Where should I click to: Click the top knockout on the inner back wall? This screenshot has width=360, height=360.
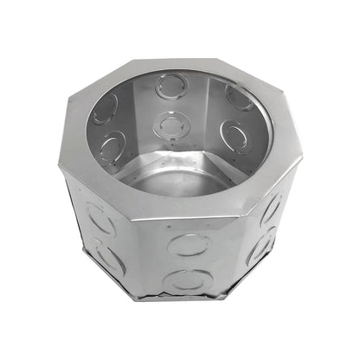[171, 87]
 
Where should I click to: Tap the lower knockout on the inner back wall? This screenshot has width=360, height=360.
[170, 126]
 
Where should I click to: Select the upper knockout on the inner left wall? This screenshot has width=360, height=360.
[106, 108]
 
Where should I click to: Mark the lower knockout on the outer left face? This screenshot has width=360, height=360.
[109, 258]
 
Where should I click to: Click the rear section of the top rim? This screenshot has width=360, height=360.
[177, 66]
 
